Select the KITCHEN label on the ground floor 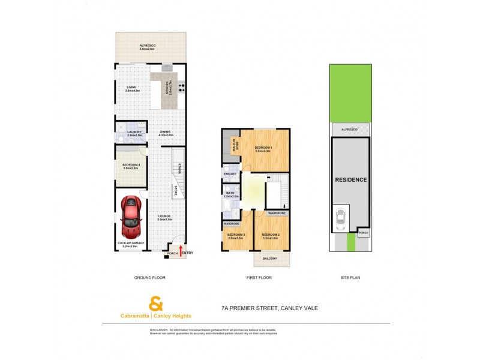coord(170,88)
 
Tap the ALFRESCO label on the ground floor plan coord(148,46)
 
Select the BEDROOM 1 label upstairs coord(263,149)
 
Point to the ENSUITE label coord(230,173)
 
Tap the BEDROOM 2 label coord(271,235)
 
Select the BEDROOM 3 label coord(235,235)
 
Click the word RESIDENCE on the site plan coord(351,179)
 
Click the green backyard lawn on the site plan coord(350,93)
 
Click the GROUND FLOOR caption coord(150,278)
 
